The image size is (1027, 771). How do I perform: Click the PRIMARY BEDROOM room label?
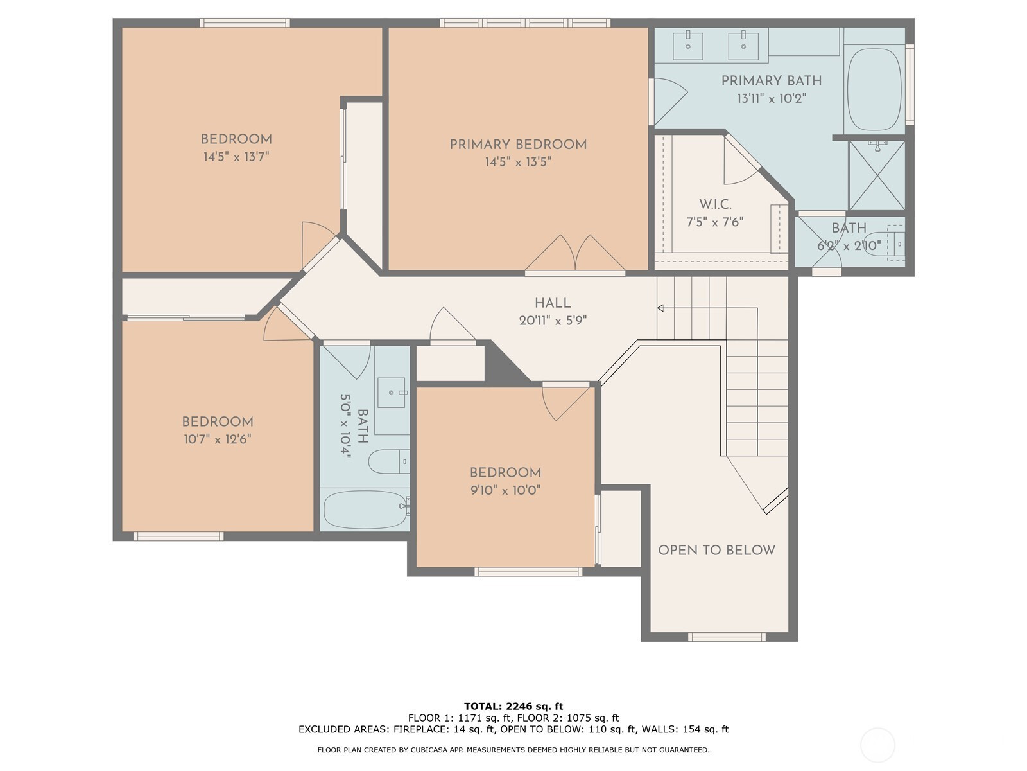pos(518,145)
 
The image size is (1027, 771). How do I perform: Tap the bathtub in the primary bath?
pos(874,89)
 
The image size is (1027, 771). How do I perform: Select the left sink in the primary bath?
pos(687,46)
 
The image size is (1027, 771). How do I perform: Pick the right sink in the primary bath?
pos(743,46)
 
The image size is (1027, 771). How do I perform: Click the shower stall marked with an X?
pos(876,175)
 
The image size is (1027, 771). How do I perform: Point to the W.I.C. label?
pos(715,204)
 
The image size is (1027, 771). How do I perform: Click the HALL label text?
pos(553,303)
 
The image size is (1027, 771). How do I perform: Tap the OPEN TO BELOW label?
pos(716,550)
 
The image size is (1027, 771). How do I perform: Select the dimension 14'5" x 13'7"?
pos(236,156)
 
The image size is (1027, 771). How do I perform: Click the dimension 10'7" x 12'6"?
pos(218,439)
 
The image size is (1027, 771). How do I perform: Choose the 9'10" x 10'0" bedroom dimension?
pos(505,490)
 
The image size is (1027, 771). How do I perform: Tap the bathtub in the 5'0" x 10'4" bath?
pos(365,510)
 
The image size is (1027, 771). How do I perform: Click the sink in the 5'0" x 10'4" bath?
pos(391,393)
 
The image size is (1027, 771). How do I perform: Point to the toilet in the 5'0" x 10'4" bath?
pos(389,461)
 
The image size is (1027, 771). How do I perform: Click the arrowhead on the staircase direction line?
pos(660,308)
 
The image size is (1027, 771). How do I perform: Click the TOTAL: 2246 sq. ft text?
pos(513,706)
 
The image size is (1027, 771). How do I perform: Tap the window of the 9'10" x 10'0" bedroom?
pos(528,572)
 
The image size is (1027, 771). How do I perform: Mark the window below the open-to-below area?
pos(727,637)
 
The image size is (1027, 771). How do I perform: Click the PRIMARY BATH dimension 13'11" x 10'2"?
pos(772,98)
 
